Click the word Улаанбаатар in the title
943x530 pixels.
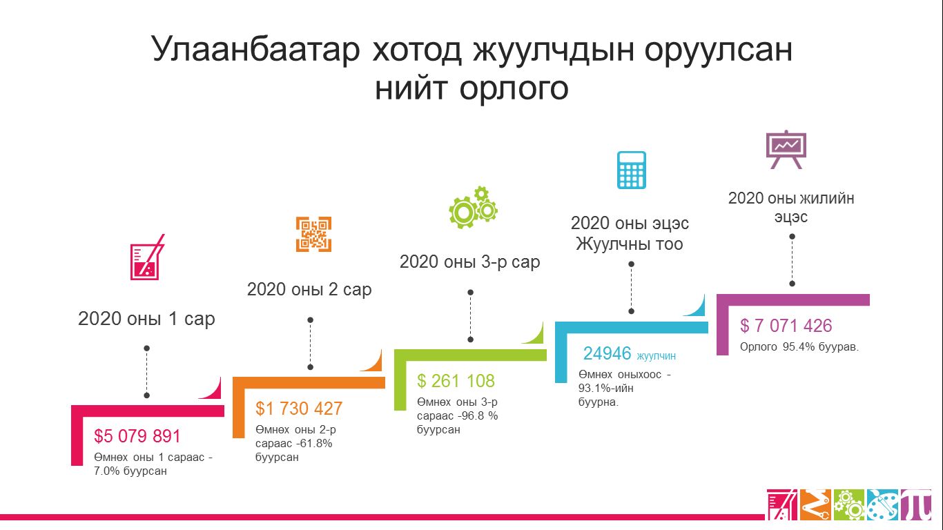pyautogui.click(x=255, y=50)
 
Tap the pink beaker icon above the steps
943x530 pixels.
pyautogui.click(x=147, y=257)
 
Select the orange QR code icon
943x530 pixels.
pyautogui.click(x=313, y=234)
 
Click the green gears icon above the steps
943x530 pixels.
pyautogui.click(x=473, y=207)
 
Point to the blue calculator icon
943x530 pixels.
pyautogui.click(x=632, y=170)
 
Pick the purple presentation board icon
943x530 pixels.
pyautogui.click(x=786, y=150)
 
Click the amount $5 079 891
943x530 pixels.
pyautogui.click(x=137, y=436)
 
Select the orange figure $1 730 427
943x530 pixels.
pyautogui.click(x=299, y=409)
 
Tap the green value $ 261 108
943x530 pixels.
pyautogui.click(x=456, y=381)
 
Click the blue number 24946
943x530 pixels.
pyautogui.click(x=607, y=353)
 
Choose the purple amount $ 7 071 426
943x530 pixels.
pyautogui.click(x=786, y=326)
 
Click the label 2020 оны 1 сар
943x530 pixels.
pyautogui.click(x=146, y=319)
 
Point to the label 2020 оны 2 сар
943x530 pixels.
pyautogui.click(x=309, y=290)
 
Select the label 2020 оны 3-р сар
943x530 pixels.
pyautogui.click(x=470, y=262)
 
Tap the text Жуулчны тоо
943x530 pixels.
pyautogui.click(x=630, y=244)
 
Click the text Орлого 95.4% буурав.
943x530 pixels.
pyautogui.click(x=799, y=347)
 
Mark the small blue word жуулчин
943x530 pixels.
pyautogui.click(x=657, y=356)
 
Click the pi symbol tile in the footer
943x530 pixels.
pyautogui.click(x=915, y=504)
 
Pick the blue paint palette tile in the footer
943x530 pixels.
pyautogui.click(x=882, y=504)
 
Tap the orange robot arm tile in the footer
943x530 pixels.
pyautogui.click(x=815, y=504)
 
